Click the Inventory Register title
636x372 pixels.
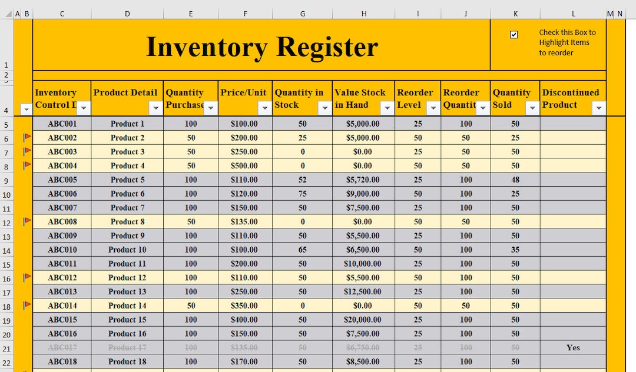click(x=261, y=46)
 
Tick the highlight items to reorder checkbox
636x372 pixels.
click(x=514, y=35)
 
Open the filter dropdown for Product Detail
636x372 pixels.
click(x=155, y=108)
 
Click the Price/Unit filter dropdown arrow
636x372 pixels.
click(x=264, y=108)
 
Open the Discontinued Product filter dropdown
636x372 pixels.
click(x=599, y=108)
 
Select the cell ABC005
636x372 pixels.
click(x=62, y=180)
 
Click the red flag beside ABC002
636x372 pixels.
click(x=26, y=137)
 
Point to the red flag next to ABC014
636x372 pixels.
click(x=26, y=305)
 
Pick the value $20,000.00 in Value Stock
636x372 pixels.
click(x=362, y=320)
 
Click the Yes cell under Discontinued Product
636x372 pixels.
click(x=573, y=347)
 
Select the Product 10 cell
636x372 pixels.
click(x=127, y=250)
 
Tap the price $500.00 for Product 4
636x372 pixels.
click(x=244, y=165)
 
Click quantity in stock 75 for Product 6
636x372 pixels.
click(x=302, y=194)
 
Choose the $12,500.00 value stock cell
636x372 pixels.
click(x=362, y=291)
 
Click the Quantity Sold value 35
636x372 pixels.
click(x=515, y=250)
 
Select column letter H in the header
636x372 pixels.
click(x=363, y=14)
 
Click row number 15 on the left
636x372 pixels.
click(x=6, y=264)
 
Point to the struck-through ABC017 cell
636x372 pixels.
click(x=62, y=347)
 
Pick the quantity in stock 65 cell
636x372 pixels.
click(x=302, y=250)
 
